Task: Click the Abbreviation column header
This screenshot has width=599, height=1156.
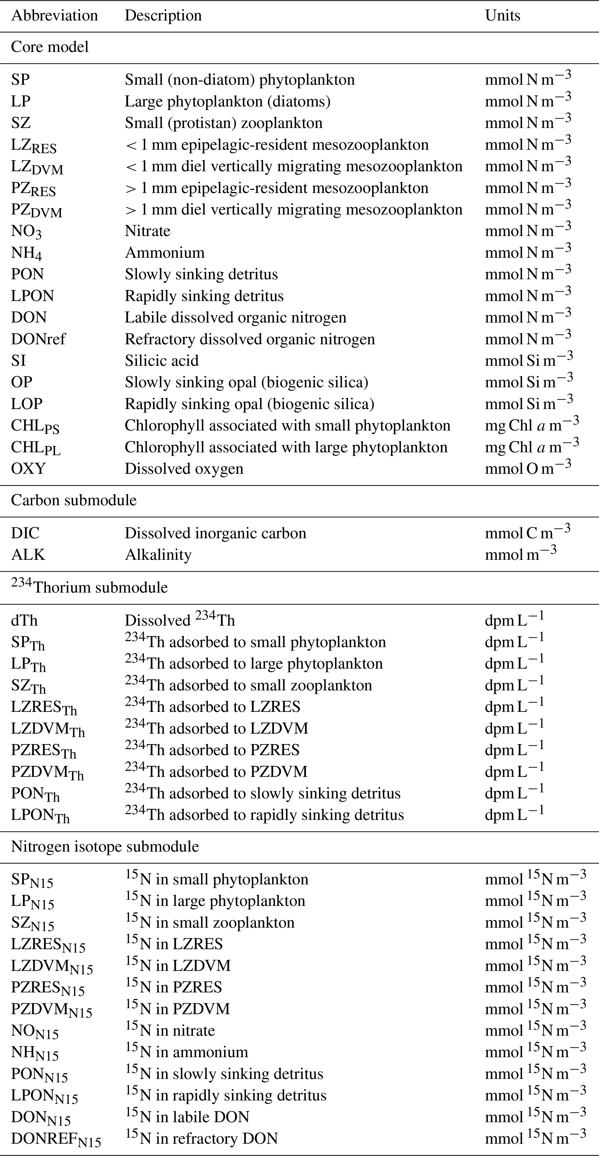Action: coord(54,16)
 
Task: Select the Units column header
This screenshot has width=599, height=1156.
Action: coord(502,16)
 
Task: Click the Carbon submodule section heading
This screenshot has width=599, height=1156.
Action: coord(74,500)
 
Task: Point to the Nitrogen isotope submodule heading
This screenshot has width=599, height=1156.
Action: coord(105,846)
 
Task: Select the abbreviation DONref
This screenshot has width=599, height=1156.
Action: coord(38,339)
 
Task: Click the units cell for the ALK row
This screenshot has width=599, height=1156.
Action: coord(520,555)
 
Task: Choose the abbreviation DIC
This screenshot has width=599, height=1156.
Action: coord(25,533)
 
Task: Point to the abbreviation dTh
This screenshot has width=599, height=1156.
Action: coord(24,621)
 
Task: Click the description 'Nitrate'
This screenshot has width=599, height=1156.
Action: coord(148,231)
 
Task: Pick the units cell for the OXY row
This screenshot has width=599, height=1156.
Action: coord(528,468)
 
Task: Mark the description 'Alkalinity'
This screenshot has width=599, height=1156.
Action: coord(158,555)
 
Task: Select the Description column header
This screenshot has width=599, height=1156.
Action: coord(163,16)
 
